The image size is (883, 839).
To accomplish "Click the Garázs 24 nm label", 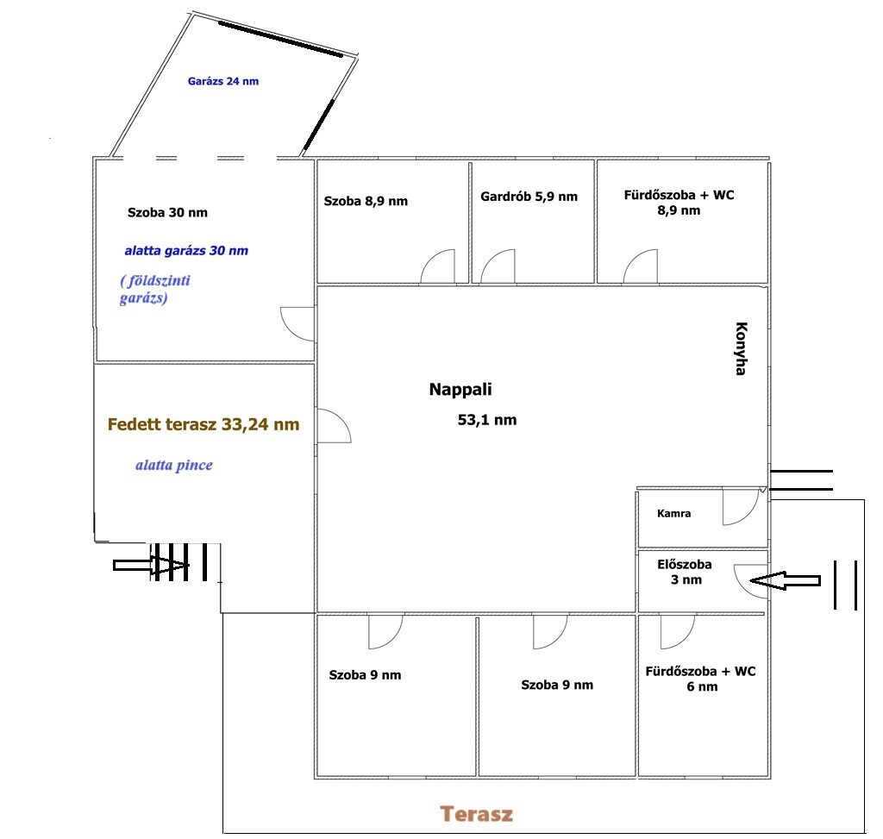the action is coord(223,81).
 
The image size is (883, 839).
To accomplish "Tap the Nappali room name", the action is coord(460,389).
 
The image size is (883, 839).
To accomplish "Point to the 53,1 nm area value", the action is coord(487,420).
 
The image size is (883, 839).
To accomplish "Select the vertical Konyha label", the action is coord(742,348).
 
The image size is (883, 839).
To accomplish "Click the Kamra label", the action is coord(673,514).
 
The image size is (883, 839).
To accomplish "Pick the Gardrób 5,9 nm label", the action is coord(529,197).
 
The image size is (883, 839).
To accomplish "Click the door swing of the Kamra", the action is coord(741,507).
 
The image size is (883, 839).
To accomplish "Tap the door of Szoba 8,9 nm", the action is coord(437,266).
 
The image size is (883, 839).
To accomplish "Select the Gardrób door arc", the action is coord(498,266).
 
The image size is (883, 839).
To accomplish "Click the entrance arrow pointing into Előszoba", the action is coord(785,580).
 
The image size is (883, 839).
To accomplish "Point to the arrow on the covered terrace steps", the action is coord(152,565).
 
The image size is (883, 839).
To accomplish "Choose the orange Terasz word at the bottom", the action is coord(476,814).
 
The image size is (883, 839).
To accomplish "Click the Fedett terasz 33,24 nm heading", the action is coord(204,424).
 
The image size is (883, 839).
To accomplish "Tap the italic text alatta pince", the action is coord(174,465).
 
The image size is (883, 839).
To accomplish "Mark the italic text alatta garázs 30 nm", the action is coord(186,251).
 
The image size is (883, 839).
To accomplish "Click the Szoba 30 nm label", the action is coord(167,212).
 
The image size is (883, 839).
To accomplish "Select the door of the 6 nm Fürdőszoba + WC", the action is coord(678,632).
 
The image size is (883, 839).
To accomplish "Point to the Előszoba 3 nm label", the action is coord(685,572).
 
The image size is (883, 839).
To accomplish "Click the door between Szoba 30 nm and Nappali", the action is coord(297,324).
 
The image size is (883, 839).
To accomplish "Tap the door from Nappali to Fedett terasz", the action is coord(335,426).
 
